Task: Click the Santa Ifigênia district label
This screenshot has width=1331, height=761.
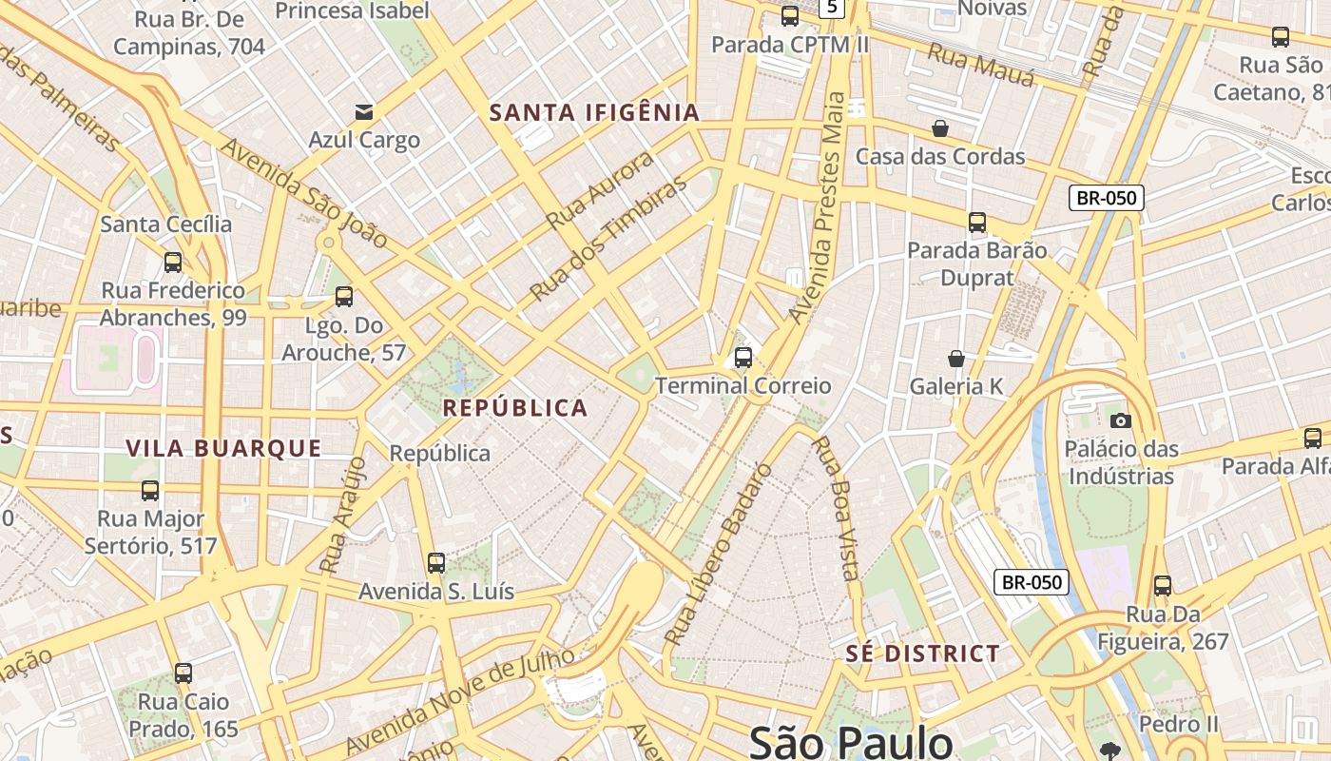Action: [594, 112]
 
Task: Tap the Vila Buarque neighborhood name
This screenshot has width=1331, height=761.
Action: [224, 448]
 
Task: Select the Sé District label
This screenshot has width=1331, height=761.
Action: [922, 654]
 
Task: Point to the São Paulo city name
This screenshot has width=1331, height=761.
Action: [851, 742]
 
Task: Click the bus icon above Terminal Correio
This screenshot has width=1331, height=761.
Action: [743, 358]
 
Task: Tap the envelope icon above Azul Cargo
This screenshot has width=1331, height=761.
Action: [363, 112]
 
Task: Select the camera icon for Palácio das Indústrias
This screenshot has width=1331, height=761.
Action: [1121, 420]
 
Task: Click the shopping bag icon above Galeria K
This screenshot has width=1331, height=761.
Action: [956, 359]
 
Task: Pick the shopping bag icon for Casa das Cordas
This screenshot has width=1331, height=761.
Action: [940, 127]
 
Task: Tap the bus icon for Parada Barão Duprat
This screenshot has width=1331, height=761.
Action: [977, 223]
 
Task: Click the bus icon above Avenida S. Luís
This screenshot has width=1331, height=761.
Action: [436, 563]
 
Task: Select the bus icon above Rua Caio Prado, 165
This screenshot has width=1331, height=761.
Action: [183, 673]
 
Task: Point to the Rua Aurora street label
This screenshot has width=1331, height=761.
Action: [600, 190]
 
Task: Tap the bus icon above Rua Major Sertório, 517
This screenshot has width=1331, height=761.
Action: [150, 491]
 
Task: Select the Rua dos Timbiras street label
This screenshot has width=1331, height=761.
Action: [608, 238]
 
